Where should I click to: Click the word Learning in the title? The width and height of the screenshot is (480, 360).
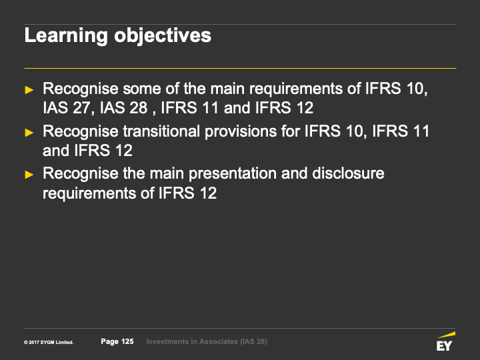click(x=66, y=36)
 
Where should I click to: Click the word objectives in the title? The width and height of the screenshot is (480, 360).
click(x=163, y=36)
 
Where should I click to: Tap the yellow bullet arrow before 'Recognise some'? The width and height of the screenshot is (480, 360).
click(x=29, y=90)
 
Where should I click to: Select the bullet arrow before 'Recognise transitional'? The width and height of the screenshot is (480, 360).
click(x=29, y=132)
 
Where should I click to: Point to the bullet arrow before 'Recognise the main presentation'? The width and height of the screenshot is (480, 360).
click(x=29, y=175)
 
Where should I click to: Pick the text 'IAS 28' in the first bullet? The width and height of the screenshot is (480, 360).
click(x=124, y=108)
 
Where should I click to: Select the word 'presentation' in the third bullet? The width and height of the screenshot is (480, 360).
click(x=233, y=174)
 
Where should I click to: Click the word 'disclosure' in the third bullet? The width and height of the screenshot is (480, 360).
click(x=348, y=173)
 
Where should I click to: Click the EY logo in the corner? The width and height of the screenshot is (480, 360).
click(x=445, y=341)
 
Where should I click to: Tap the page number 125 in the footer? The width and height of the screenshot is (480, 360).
click(x=127, y=341)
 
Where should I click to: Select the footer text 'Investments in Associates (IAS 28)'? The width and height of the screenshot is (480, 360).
click(x=207, y=341)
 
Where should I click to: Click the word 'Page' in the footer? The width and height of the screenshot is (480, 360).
click(x=109, y=342)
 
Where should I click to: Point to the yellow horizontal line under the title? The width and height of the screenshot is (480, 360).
click(x=240, y=68)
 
